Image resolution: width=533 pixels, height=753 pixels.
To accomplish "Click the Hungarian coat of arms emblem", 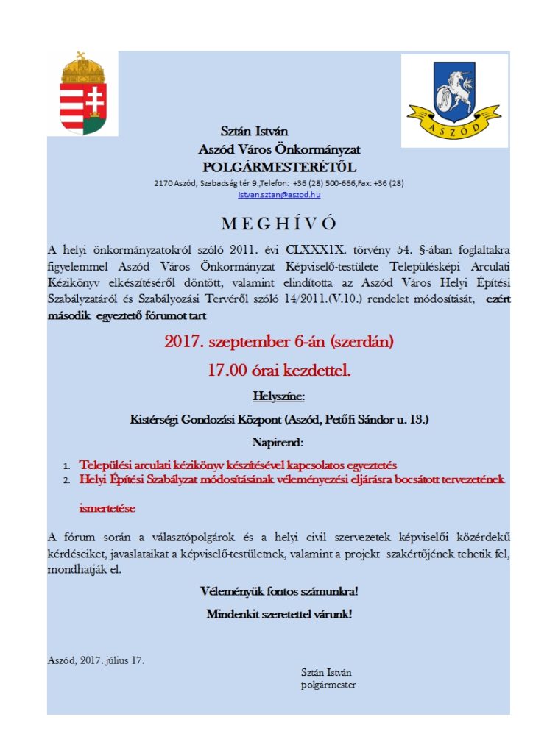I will [82, 95].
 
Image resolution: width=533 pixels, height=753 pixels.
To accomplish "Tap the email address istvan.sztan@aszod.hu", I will [279, 194].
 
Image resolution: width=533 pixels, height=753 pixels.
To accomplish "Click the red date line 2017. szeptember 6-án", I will [279, 341].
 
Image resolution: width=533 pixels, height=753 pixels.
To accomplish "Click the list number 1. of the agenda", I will [66, 466].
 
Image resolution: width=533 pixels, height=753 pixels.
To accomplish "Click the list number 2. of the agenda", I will [66, 480].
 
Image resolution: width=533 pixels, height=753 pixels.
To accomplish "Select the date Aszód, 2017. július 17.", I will [96, 660].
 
